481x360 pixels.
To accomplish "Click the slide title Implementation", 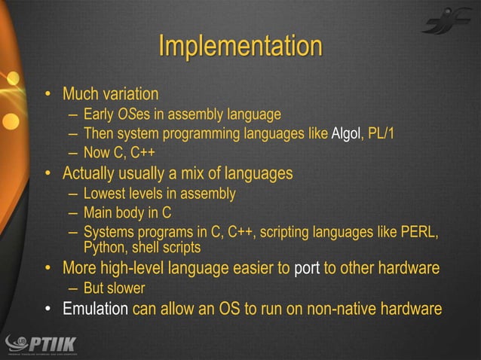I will pos(240,46).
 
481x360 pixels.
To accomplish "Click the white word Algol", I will pos(346,134).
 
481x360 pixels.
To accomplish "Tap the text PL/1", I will pos(381,134).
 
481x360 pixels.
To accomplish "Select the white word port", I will pos(307,269).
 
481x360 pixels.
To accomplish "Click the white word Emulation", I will pos(95,309).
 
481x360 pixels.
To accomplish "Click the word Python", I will pos(106,247).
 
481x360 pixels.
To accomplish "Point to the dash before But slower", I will pos(71,289).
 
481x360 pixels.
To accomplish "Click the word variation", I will pos(129,95).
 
